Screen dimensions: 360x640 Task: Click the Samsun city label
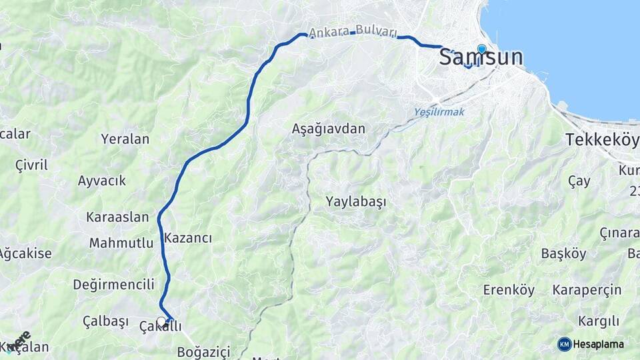pos(481,57)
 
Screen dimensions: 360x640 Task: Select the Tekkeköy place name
pos(601,140)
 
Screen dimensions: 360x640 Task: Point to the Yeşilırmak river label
pos(439,112)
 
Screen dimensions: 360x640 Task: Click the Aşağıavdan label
pos(329,129)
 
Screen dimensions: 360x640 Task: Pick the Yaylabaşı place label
pos(356,201)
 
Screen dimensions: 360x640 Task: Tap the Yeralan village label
pos(125,139)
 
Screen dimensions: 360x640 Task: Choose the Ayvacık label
pos(102,181)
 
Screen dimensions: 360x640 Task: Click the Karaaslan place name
pos(117,217)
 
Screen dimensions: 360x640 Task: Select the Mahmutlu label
pos(121,243)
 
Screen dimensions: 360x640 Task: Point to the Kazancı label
pos(188,238)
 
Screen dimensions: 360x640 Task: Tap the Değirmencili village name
pos(114,285)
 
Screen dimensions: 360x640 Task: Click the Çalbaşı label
pos(105,321)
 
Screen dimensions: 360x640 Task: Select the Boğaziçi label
pos(203,351)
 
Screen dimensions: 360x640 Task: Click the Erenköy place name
pos(509,290)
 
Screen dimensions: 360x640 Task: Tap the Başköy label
pos(563,254)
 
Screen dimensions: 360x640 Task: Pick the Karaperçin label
pos(587,290)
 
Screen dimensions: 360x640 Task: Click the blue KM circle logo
pos(564,344)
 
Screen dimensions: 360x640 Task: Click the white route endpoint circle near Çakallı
pos(161,321)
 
